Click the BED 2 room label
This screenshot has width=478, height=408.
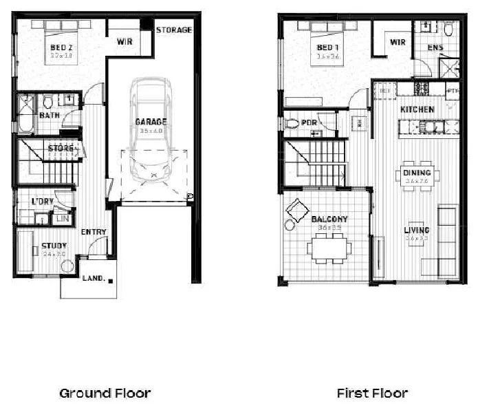(x=61, y=47)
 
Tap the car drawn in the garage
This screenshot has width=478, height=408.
(x=151, y=131)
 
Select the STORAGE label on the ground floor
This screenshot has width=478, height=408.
(x=173, y=30)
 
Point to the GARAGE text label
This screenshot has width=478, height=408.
(x=151, y=122)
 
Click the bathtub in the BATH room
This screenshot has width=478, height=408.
(x=26, y=114)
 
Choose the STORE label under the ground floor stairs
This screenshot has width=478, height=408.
(x=61, y=148)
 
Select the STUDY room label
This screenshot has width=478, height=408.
(x=54, y=246)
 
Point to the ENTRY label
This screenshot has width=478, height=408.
(x=93, y=232)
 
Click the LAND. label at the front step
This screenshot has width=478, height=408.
(x=93, y=279)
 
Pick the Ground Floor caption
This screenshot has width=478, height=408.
(x=105, y=394)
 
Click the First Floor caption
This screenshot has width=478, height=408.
(x=372, y=394)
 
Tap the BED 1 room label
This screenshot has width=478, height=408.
(x=327, y=47)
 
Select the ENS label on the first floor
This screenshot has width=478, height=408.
(x=435, y=47)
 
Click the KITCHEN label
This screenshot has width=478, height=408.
(x=417, y=109)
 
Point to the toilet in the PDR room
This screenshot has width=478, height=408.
(x=292, y=124)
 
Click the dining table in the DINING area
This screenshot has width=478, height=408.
(x=417, y=176)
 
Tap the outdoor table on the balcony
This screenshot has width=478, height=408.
(x=330, y=247)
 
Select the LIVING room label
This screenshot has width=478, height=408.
(x=417, y=230)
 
